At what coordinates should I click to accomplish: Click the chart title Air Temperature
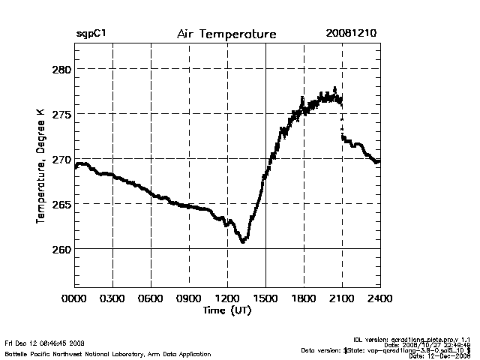[x=226, y=34]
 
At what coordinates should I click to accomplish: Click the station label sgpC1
[x=91, y=34]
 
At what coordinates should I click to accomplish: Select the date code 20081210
[x=351, y=34]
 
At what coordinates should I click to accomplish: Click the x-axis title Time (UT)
[x=227, y=310]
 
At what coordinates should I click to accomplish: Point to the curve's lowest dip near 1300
[x=243, y=241]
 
